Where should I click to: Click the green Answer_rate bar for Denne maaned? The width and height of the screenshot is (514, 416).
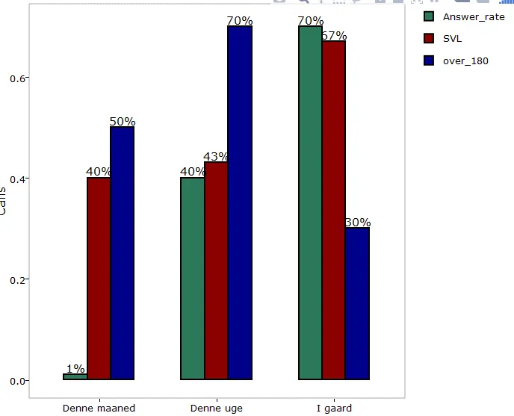(75, 377)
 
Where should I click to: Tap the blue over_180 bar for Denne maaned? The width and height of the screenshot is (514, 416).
(122, 253)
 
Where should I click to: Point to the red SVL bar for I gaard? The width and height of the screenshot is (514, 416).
(333, 210)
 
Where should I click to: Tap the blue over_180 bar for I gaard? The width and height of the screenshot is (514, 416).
(357, 303)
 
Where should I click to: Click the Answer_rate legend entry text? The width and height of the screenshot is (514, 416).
(474, 16)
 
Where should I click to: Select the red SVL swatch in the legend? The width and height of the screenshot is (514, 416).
(429, 39)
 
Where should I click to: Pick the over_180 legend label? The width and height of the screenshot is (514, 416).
(466, 60)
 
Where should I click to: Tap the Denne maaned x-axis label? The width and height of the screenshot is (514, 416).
(99, 409)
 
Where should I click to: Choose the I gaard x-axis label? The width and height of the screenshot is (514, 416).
(334, 409)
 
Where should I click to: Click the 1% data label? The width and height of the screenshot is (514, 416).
(75, 368)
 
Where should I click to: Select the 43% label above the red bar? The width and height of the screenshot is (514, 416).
(216, 157)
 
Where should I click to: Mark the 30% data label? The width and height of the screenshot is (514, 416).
(358, 223)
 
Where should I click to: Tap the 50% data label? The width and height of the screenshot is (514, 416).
(123, 122)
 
